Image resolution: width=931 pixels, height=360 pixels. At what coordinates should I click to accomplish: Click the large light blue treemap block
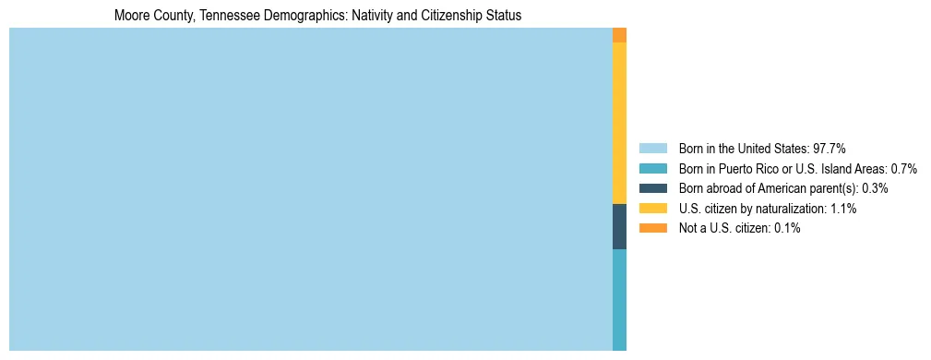310,189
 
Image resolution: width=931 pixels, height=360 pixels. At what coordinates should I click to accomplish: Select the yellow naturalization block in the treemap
619,123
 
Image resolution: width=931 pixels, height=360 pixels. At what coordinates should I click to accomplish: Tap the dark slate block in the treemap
619,226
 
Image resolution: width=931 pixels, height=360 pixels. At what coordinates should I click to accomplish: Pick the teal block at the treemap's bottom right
619,300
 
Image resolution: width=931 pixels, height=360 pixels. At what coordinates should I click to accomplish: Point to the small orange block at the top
619,35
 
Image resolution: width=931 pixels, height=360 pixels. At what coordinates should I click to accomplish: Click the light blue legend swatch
652,148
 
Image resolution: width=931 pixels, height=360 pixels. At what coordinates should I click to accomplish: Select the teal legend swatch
652,168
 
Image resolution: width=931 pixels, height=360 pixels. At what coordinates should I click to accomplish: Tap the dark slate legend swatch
652,188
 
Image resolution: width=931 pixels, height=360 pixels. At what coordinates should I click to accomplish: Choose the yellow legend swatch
652,209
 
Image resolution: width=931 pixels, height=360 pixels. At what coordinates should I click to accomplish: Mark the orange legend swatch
652,228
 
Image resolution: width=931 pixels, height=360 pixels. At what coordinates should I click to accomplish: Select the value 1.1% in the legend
844,209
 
